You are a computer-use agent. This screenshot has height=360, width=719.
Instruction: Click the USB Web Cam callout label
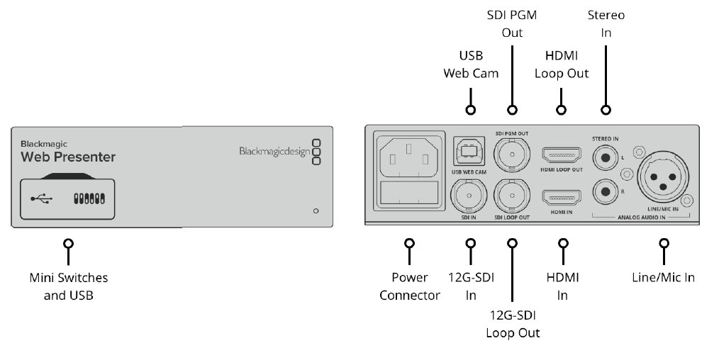pyautogui.click(x=470, y=64)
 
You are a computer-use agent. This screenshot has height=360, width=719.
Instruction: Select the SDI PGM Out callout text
pyautogui.click(x=512, y=24)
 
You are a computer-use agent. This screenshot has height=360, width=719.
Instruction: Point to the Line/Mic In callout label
pyautogui.click(x=664, y=277)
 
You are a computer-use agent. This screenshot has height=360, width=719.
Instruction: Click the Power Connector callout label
pyautogui.click(x=410, y=286)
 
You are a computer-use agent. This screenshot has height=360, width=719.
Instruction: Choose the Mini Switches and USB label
pyautogui.click(x=69, y=286)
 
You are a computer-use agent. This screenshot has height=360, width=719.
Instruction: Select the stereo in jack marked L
pyautogui.click(x=605, y=155)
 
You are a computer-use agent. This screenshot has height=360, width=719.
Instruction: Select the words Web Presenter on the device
pyautogui.click(x=67, y=157)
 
